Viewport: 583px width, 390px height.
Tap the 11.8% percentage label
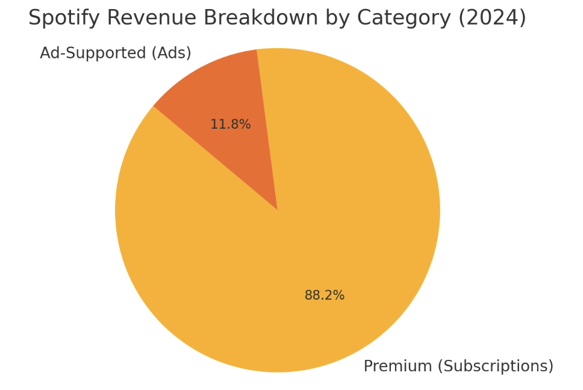(x=230, y=125)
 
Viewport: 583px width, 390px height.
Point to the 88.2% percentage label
(x=324, y=296)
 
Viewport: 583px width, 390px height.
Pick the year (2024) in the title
(x=492, y=18)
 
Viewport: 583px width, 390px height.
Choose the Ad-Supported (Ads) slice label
(x=116, y=54)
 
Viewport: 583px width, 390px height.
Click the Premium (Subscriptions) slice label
(x=458, y=367)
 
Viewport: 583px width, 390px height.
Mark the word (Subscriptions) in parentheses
(x=495, y=367)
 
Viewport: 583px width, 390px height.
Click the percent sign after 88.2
(x=340, y=296)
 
